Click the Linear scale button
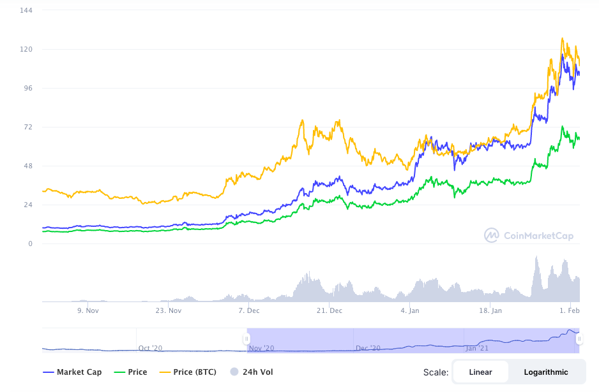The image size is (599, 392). click(x=480, y=372)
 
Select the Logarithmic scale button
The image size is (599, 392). click(x=546, y=372)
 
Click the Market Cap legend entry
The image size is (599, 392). click(x=72, y=372)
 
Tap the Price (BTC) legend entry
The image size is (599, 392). click(x=188, y=372)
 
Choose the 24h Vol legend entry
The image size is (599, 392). click(x=252, y=372)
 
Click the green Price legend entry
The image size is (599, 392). click(x=131, y=372)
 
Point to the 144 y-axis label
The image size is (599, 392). click(x=26, y=10)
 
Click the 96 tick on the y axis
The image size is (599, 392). click(x=28, y=88)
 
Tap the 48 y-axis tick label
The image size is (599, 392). click(x=28, y=166)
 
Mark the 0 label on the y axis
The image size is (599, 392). click(x=30, y=243)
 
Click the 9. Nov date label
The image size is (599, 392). click(x=88, y=310)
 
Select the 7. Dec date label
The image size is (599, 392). click(x=248, y=310)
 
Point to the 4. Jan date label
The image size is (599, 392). click(x=409, y=310)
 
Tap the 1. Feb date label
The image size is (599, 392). click(x=569, y=310)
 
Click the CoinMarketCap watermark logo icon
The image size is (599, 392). click(x=491, y=235)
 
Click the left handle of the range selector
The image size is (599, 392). click(x=246, y=338)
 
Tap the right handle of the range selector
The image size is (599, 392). click(x=579, y=338)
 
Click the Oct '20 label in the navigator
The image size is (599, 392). click(x=150, y=348)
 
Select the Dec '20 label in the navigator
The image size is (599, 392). click(x=368, y=348)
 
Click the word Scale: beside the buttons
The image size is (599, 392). click(x=436, y=372)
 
